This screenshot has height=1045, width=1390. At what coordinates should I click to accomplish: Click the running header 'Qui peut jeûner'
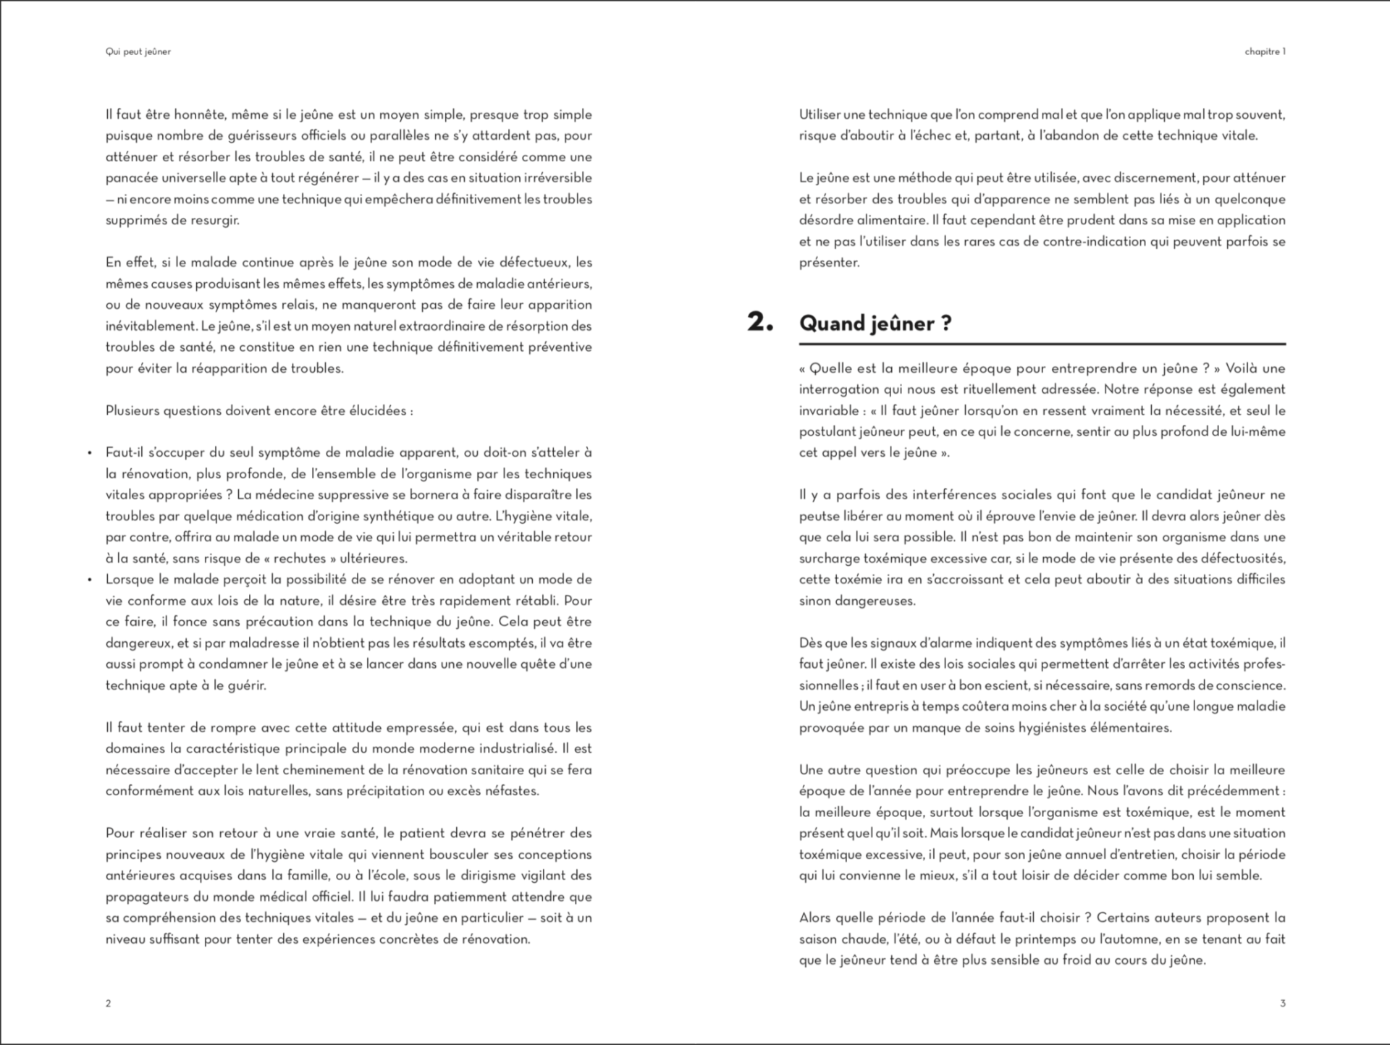138,52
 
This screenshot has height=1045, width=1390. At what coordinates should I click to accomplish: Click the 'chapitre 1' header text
1265,52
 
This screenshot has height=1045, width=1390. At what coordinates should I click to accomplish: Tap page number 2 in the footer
109,1003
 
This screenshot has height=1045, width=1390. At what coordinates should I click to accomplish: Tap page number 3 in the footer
1283,1003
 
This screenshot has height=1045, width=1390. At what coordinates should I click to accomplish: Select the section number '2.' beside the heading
760,322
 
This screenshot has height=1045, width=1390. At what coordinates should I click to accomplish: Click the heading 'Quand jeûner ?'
875,323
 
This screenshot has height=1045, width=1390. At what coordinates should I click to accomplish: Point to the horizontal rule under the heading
1042,344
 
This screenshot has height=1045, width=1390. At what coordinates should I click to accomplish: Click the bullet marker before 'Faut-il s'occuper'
90,454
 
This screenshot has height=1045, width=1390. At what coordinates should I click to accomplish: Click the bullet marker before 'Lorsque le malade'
90,580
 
